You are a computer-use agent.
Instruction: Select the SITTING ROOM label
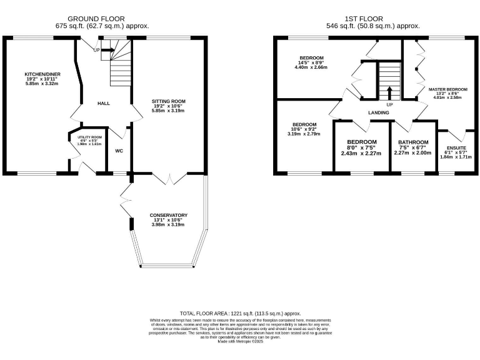(x=169, y=101)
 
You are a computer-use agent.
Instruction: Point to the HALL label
(x=104, y=103)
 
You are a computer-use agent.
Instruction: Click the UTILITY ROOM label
(x=89, y=137)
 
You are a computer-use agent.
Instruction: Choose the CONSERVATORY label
(x=168, y=215)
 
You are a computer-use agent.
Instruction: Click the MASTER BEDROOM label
(x=447, y=89)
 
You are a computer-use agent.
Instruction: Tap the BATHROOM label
(x=413, y=142)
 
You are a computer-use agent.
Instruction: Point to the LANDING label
(x=379, y=112)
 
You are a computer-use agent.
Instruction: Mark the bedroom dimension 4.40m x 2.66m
(x=311, y=67)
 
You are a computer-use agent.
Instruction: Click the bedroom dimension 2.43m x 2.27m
(x=362, y=152)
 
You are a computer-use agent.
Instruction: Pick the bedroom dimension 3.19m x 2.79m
(x=304, y=134)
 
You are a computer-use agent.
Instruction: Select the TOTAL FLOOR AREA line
(x=241, y=312)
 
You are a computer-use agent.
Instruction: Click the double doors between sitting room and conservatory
(x=170, y=179)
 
